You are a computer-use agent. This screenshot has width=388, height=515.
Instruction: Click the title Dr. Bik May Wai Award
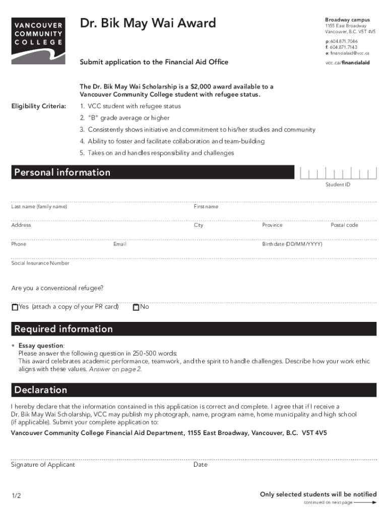[148, 23]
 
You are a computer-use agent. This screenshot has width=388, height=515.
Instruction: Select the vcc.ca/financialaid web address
[348, 63]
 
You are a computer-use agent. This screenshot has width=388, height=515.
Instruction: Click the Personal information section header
[62, 173]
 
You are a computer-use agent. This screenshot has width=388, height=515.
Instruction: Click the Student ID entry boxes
[338, 174]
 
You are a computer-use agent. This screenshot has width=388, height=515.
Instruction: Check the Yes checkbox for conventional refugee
[15, 307]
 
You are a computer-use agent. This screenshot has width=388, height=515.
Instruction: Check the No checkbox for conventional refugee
[136, 307]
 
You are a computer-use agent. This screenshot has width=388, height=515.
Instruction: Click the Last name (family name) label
[39, 207]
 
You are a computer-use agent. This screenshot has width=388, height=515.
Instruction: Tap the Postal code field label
[344, 225]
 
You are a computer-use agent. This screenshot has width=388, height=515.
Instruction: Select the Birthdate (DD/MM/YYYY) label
[292, 244]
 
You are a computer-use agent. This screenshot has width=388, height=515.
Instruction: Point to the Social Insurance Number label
[40, 263]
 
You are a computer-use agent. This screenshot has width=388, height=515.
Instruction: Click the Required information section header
[63, 329]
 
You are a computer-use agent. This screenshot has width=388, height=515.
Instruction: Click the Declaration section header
[41, 390]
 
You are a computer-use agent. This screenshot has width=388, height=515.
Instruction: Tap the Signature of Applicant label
[43, 465]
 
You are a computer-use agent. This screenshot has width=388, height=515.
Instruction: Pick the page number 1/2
[16, 496]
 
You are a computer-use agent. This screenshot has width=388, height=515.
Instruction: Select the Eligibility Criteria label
[39, 106]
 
